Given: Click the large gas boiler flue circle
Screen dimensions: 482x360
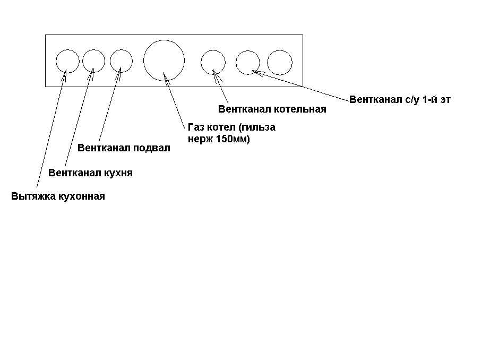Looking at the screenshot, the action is [x=143, y=61].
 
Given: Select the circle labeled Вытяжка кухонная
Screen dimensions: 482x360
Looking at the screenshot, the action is [x=56, y=61].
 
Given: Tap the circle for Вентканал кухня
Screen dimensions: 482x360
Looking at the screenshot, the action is [x=82, y=61].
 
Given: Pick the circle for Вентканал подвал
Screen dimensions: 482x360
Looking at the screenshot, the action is [x=110, y=61].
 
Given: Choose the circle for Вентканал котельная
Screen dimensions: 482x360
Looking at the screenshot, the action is [x=201, y=63].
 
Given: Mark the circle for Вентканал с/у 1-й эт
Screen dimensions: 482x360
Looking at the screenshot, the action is [x=236, y=63].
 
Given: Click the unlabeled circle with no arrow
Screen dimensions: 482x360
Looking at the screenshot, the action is [x=267, y=63].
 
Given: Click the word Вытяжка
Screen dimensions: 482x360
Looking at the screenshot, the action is [x=33, y=196].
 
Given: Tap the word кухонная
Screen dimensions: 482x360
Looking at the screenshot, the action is [x=82, y=196].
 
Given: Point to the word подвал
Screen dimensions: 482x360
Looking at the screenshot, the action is [x=151, y=148].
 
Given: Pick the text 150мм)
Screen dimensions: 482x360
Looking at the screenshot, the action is [x=233, y=139].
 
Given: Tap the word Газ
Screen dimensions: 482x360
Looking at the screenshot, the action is [x=196, y=127].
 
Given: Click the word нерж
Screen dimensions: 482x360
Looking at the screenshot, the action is [x=201, y=139].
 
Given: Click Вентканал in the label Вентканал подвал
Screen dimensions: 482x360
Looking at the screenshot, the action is [x=104, y=148].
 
